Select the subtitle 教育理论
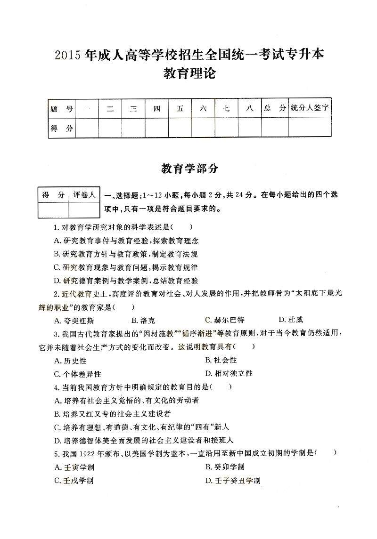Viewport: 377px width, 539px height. tap(188, 74)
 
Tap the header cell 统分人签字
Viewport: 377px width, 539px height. tap(309, 108)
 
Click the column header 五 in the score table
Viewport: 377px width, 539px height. tap(180, 108)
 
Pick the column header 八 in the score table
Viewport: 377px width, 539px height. tap(250, 108)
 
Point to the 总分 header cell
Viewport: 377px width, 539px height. tap(275, 108)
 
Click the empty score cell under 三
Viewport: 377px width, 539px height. tap(133, 128)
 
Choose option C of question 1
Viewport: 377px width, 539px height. tap(126, 267)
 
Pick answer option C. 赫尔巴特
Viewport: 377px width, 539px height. tap(225, 320)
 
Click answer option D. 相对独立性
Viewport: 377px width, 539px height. tap(229, 373)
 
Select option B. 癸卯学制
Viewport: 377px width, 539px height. tap(225, 467)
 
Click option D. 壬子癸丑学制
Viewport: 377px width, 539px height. tap(233, 481)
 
